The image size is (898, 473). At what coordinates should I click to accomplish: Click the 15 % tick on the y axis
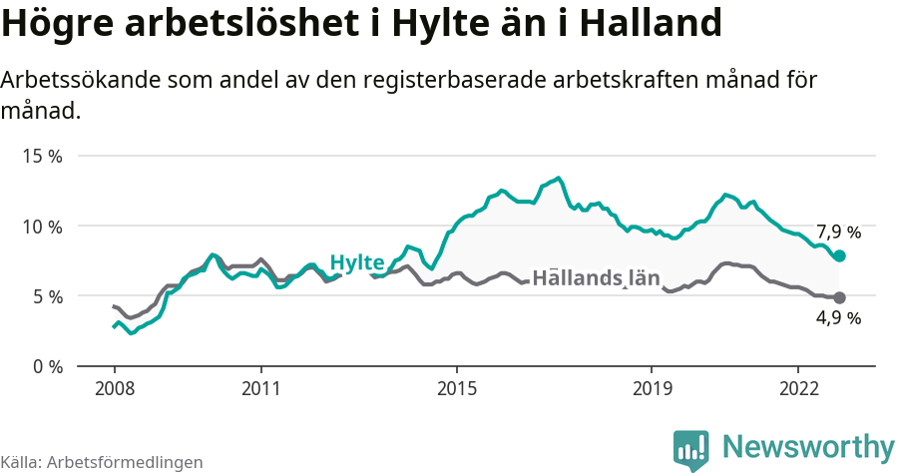43,157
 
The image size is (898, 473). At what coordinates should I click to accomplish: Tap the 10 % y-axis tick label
43,227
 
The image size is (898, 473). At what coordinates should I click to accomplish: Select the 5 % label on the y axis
47,296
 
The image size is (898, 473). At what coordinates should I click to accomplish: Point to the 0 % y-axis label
47,366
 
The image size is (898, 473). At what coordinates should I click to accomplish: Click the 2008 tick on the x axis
114,387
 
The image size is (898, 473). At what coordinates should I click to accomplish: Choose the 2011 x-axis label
260,387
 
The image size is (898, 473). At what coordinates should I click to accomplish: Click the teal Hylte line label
357,262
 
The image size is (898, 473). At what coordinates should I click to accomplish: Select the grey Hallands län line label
596,278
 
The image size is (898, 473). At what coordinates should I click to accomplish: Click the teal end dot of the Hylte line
839,256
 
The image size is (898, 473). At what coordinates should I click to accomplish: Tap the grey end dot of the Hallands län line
839,297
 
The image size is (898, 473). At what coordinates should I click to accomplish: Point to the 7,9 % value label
838,233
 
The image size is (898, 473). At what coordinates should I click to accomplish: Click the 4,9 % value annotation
838,319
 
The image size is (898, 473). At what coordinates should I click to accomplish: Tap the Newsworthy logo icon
690,450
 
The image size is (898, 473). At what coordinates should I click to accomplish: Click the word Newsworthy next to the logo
808,446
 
